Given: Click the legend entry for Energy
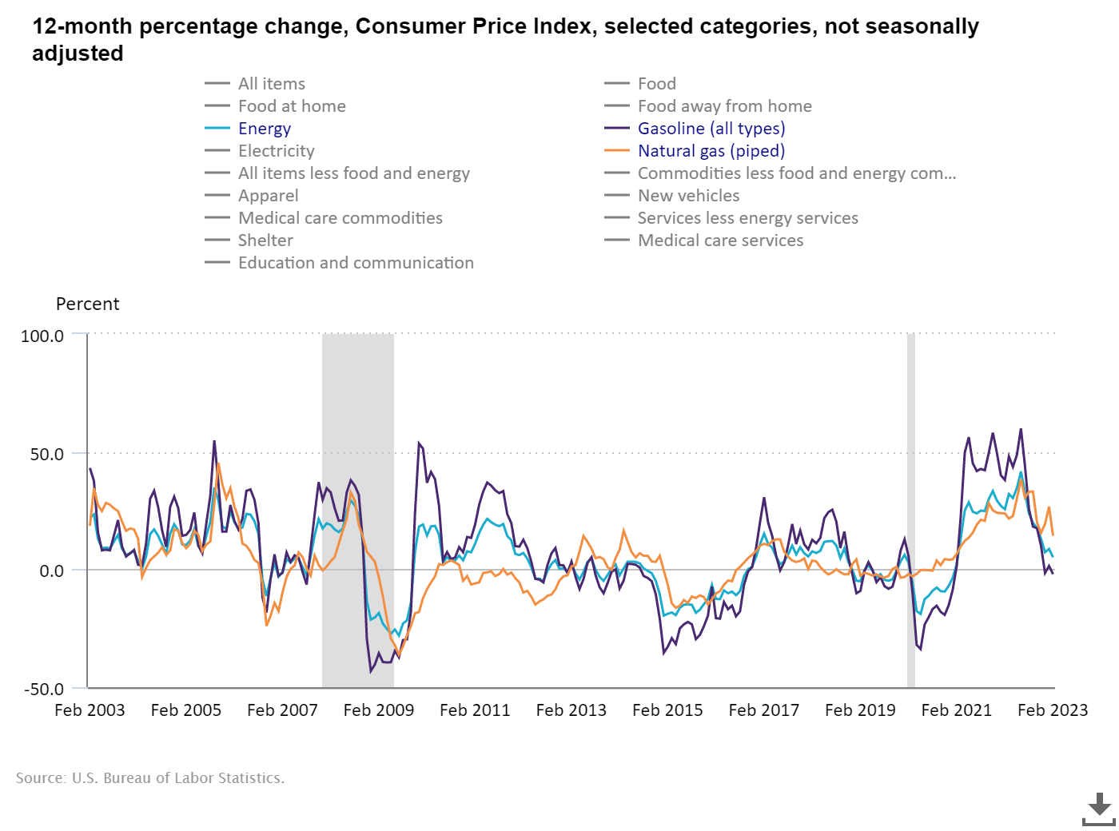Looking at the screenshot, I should pos(264,129).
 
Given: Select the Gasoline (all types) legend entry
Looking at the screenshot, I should pos(711,129).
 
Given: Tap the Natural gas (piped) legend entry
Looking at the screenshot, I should pos(711,151).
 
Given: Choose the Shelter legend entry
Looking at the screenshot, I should pos(265,241).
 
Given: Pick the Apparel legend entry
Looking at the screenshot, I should pos(268,196).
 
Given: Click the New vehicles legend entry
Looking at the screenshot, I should pos(688,196).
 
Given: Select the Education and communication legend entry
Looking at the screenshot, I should pos(356,263).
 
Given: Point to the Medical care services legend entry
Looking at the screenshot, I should pos(720,241).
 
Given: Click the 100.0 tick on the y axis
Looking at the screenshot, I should pos(42,336).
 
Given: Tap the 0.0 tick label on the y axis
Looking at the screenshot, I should pos(50,571).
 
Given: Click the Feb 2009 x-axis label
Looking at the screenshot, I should pos(379,710).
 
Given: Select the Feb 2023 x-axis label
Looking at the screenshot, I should pos(1053,710).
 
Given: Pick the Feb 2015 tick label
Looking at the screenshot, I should pos(667,710).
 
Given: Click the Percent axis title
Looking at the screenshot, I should pos(87,304).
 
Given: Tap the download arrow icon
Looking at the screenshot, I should pos(1099,809).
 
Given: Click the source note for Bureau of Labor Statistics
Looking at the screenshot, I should pos(150,778).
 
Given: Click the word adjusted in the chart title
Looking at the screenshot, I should pos(78,54).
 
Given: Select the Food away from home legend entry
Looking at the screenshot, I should pos(724,106).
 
